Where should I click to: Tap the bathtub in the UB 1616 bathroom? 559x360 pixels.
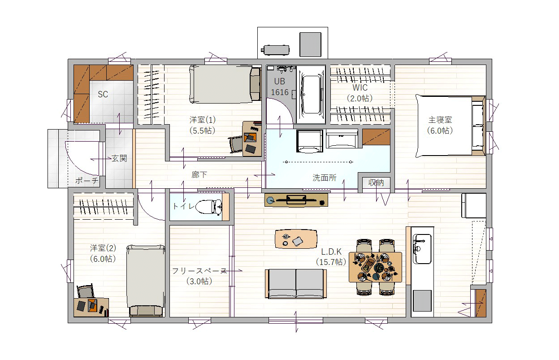point(311,94)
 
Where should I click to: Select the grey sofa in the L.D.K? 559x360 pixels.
point(296,284)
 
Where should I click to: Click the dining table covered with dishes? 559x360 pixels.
point(375,267)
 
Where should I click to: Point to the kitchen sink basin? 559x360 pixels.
point(422,249)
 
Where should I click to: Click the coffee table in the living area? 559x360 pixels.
point(296,239)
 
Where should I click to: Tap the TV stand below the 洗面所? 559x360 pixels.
point(296,200)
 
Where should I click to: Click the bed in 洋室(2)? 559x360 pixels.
point(146,281)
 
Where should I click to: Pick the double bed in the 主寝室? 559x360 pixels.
point(450,126)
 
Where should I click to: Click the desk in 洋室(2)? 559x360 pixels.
point(91,308)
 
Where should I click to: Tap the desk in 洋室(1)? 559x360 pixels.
point(252,139)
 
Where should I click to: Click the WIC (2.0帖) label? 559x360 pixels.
point(360,93)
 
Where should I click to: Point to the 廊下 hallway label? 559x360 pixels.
point(199,174)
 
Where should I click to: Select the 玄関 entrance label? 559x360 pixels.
point(119,158)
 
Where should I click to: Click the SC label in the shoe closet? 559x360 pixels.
point(103,94)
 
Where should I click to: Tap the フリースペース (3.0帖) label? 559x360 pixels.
point(199,276)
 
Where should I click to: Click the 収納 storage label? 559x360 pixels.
point(376,183)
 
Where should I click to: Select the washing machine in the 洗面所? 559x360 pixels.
point(310,141)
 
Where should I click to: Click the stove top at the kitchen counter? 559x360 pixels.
point(422,300)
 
